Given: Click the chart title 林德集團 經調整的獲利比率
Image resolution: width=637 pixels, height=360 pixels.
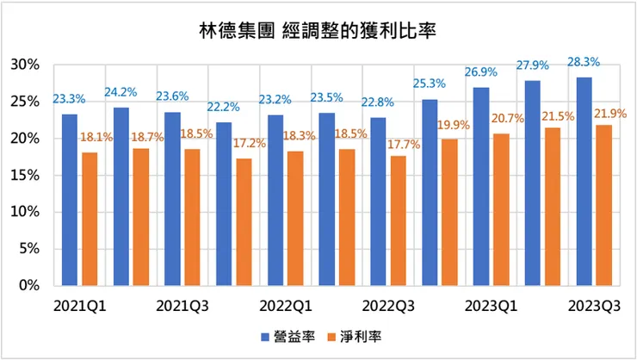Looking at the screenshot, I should (318, 33).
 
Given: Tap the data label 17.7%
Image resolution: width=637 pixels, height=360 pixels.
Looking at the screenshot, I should (402, 145).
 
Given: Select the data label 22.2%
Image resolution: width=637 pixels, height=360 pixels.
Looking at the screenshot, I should (224, 107).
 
